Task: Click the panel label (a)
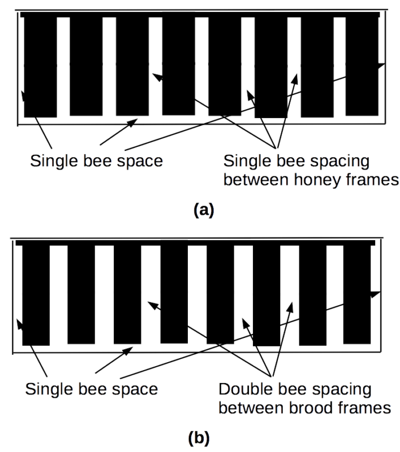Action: [204, 210]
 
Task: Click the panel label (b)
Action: [199, 438]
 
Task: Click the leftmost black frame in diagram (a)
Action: [40, 67]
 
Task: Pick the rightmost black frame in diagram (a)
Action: [362, 66]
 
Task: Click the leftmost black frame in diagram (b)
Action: [36, 295]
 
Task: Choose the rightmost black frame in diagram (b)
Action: [357, 294]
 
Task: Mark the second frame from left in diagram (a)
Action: [86, 66]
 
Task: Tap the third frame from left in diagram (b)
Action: [127, 294]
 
